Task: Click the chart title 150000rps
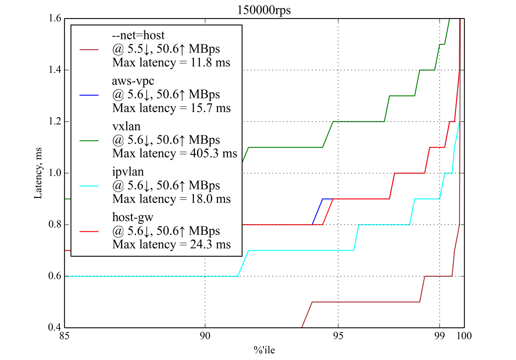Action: coord(264,10)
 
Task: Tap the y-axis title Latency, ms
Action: coord(38,173)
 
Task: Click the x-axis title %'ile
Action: coord(264,350)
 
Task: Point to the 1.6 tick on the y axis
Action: coord(55,18)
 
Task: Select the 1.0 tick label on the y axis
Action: coord(55,173)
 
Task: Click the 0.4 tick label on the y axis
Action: coord(55,327)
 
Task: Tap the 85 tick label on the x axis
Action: coord(64,336)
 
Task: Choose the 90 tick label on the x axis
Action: coord(205,336)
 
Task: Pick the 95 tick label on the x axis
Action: coord(338,336)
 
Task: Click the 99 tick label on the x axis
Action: coord(439,336)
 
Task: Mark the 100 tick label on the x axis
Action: coord(464,336)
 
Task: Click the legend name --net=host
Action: coord(138,35)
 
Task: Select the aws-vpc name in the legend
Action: coord(133,81)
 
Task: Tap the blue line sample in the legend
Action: coord(89,95)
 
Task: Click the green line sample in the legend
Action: coord(89,141)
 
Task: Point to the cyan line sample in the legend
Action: coord(89,186)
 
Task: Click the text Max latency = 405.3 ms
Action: coord(175,154)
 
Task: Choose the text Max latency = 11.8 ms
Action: coord(171,63)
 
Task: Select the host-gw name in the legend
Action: coord(133,217)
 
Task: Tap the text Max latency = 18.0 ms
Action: coord(171,199)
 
